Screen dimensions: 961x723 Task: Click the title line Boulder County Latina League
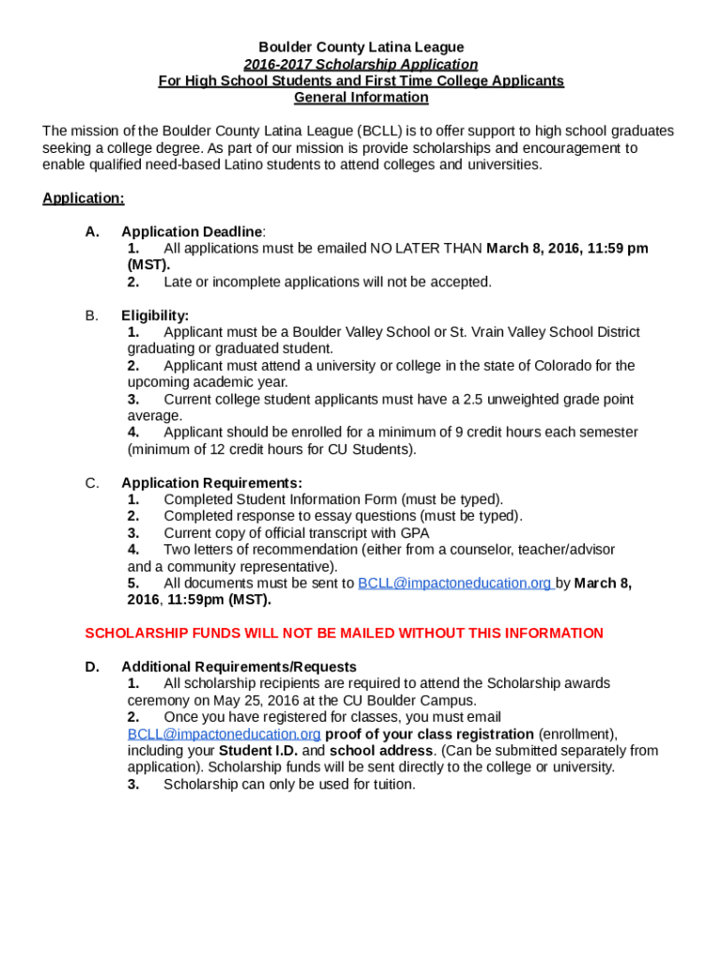coord(361,47)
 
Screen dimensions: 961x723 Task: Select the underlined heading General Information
coord(361,98)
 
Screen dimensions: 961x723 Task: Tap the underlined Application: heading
coord(84,198)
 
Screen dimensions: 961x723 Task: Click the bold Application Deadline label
coord(192,232)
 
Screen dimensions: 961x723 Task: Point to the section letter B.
coord(91,315)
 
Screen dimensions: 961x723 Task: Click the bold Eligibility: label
coord(155,315)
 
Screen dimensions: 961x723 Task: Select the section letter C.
coord(92,483)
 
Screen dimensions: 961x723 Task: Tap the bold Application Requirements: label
coord(211,483)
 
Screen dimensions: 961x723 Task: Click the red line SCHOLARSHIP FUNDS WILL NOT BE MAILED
coord(344,633)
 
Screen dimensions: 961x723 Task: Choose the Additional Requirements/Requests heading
coord(238,667)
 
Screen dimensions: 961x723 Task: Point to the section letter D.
coord(92,667)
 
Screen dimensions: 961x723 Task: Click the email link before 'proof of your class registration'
coord(224,734)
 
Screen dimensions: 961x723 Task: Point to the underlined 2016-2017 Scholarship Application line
coord(361,64)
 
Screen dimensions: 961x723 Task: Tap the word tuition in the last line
coord(391,785)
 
